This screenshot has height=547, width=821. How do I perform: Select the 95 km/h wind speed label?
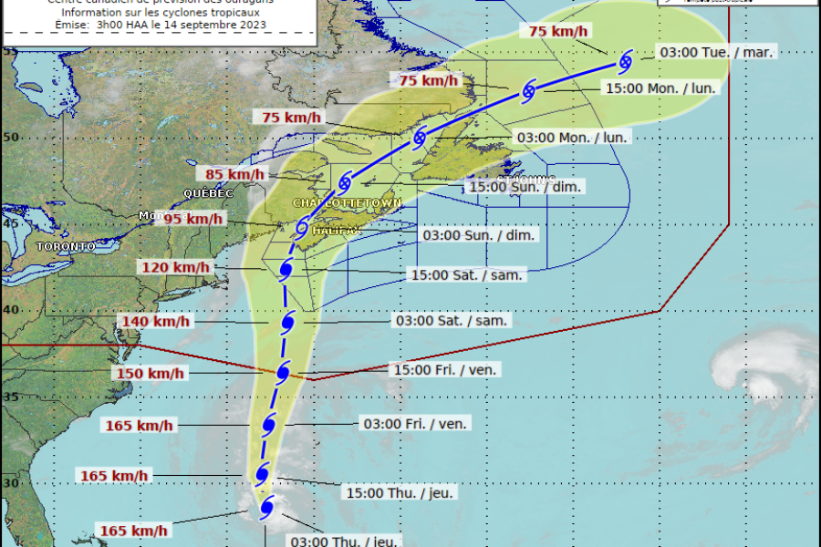(x=192, y=219)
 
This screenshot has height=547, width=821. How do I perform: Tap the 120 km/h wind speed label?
(x=175, y=268)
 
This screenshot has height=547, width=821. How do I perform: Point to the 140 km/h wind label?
(x=155, y=321)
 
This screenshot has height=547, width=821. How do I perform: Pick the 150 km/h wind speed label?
(x=151, y=374)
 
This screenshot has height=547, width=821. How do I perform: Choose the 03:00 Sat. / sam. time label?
(x=450, y=321)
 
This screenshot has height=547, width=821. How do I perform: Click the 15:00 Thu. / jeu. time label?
(x=400, y=493)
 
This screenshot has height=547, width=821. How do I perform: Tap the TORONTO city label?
(x=66, y=247)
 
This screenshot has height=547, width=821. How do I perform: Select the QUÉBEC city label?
(x=208, y=194)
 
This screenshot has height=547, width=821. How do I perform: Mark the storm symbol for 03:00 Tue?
(x=626, y=62)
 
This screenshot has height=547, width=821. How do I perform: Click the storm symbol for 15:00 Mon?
(x=528, y=91)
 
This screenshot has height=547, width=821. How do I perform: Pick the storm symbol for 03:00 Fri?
(x=268, y=425)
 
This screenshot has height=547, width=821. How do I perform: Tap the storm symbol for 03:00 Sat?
(x=287, y=322)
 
